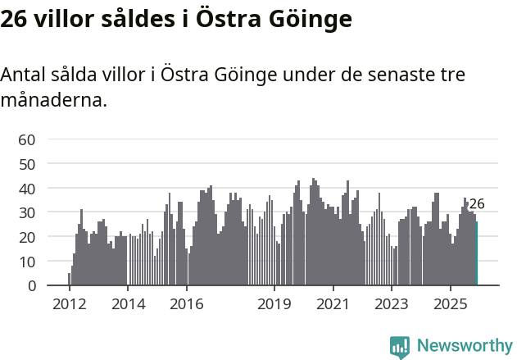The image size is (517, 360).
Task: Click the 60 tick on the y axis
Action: coord(27,139)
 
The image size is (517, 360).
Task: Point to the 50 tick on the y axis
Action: coord(27,164)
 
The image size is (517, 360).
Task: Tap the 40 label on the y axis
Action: coord(27,189)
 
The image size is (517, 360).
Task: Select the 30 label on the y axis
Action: coord(27,212)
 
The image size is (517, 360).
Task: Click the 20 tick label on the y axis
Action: coord(27,237)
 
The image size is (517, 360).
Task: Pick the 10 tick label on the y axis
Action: coord(27,262)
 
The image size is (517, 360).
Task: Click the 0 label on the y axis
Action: coord(30,285)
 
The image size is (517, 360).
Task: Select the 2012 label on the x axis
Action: coord(69,304)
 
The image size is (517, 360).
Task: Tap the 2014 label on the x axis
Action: coord(128,304)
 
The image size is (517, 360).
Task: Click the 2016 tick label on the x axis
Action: coord(186,304)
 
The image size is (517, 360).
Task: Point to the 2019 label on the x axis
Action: coord(274,304)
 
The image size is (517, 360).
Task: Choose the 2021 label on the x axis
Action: coord(333,304)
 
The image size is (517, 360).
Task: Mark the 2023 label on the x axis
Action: coord(391,304)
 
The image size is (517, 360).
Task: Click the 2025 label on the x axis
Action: coord(450,304)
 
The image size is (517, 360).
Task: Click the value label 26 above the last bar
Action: coord(477,204)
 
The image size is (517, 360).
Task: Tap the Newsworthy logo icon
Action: coord(400,347)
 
